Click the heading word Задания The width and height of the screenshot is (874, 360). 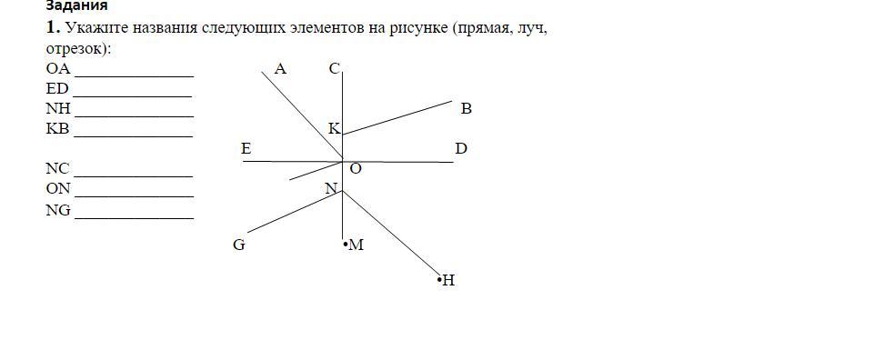77,5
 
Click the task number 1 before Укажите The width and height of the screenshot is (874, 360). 53,27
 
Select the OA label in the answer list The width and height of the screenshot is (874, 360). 58,69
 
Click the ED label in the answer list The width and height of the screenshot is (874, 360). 57,89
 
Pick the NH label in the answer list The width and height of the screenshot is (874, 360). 58,109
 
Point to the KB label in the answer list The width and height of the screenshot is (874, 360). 58,129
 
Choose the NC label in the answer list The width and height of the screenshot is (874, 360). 58,169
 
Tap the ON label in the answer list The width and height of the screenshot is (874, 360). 58,189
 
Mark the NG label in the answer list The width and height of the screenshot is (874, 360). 58,209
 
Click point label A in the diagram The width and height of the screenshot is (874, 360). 280,69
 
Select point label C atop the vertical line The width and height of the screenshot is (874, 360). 335,69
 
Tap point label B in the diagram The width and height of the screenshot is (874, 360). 467,109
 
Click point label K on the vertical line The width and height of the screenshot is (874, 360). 334,129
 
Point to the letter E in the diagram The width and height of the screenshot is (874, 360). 246,149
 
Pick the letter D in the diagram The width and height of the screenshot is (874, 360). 461,149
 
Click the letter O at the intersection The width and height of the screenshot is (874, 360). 356,169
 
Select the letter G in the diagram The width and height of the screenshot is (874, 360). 239,245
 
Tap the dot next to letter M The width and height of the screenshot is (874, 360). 346,244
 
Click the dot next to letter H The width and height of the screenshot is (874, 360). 439,279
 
